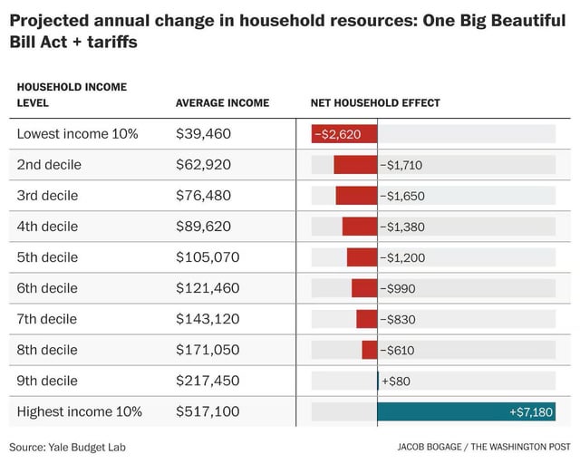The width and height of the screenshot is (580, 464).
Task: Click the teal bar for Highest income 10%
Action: coord(467,411)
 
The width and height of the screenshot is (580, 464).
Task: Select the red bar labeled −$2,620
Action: coord(344,134)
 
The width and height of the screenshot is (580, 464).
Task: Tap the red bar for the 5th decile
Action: coord(362,257)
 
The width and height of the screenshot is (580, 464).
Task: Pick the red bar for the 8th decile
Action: coord(370,350)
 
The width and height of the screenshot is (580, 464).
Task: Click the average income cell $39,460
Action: coord(203,134)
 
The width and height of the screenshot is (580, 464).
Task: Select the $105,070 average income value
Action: coord(208,257)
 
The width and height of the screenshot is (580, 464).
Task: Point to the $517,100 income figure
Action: coord(208,411)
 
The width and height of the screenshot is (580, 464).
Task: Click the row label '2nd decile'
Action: coord(49,165)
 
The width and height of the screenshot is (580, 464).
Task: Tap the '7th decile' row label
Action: coord(47,319)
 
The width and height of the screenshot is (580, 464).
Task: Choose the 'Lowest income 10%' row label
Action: coord(77,134)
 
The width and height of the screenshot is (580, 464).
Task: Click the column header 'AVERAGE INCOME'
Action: coord(223,103)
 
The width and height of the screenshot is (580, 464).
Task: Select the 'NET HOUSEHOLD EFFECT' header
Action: coord(375,103)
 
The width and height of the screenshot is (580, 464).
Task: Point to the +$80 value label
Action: coord(396,382)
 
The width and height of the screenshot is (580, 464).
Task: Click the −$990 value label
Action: coord(398,288)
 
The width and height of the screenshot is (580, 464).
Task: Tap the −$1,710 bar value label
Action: coord(401,165)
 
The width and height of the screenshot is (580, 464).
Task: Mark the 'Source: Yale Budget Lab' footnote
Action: coord(68,448)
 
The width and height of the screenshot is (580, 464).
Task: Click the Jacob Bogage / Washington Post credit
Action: coord(484,447)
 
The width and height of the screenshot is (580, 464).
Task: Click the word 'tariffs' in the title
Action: coord(112,42)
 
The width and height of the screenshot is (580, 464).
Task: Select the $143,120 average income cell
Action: coord(208,319)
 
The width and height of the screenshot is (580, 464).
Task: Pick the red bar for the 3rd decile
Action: coord(356,196)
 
